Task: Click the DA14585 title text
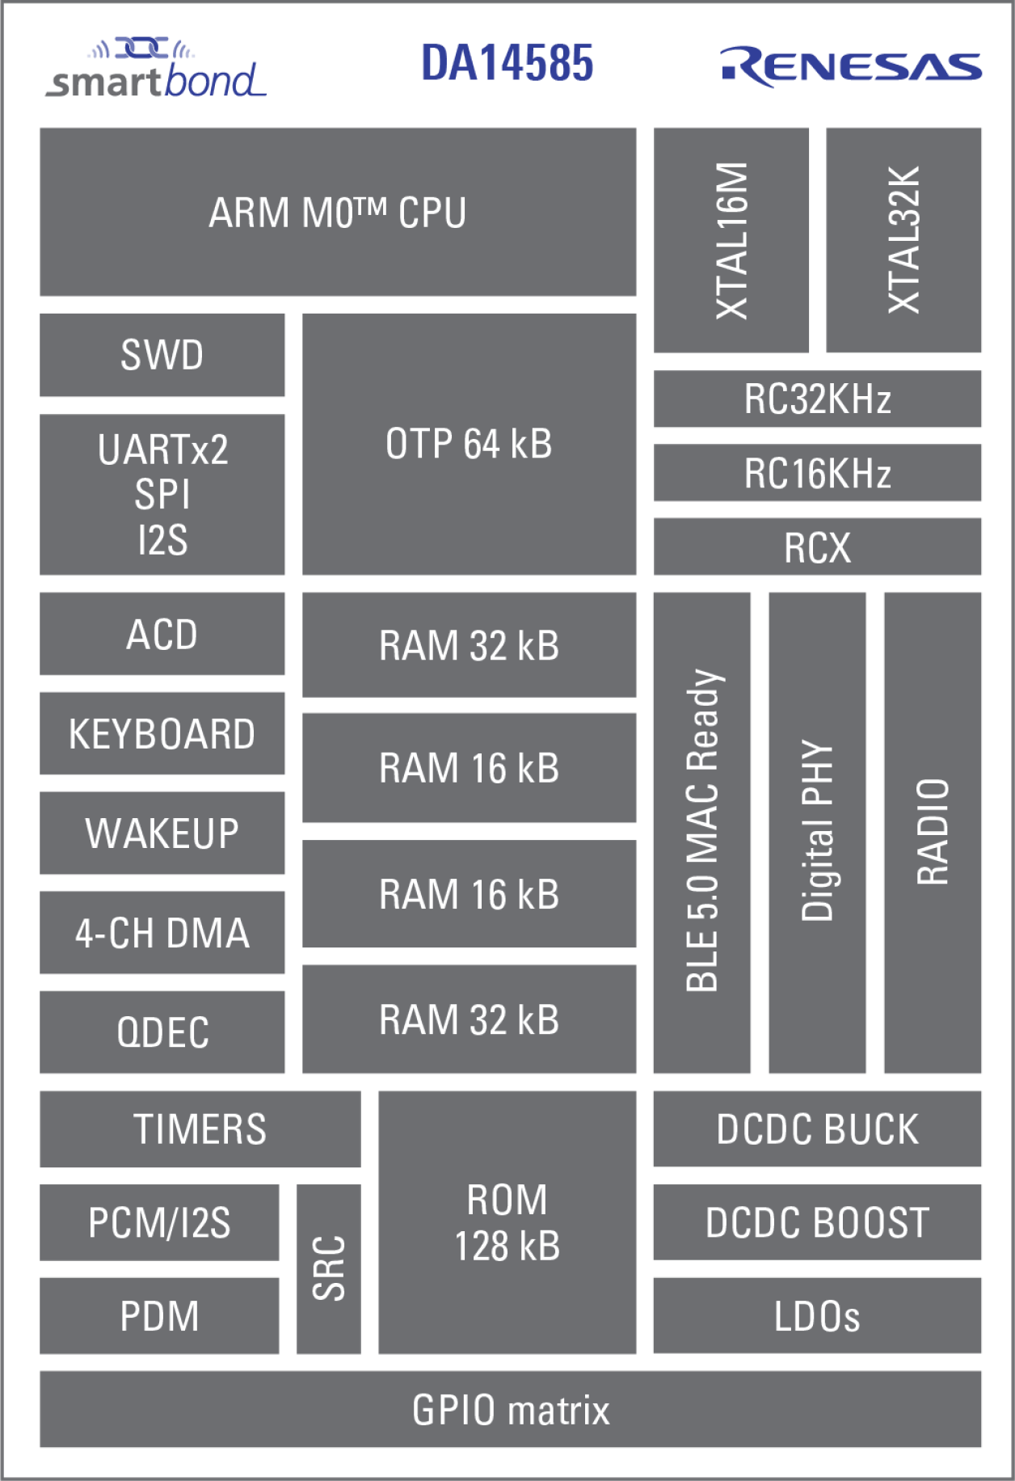[x=507, y=63]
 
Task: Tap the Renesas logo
[x=850, y=66]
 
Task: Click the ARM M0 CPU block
[x=338, y=212]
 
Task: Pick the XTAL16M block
[x=731, y=240]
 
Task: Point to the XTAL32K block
[x=903, y=240]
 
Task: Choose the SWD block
[x=162, y=355]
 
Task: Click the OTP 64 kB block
[x=469, y=444]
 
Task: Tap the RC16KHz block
[x=817, y=473]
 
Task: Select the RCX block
[x=817, y=547]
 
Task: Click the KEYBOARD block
[x=162, y=733]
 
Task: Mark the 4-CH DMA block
[x=162, y=933]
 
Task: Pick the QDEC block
[x=162, y=1032]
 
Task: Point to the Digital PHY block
[x=816, y=832]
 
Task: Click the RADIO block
[x=932, y=832]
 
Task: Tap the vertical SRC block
[x=328, y=1268]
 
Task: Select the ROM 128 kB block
[x=507, y=1222]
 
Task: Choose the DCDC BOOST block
[x=817, y=1222]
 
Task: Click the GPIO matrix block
[x=510, y=1409]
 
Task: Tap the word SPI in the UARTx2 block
[x=162, y=494]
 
